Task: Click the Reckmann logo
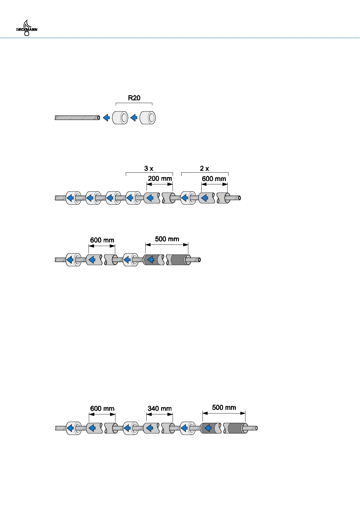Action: click(x=27, y=28)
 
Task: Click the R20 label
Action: click(x=134, y=98)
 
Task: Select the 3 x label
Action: click(x=149, y=169)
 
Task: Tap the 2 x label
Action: click(x=204, y=169)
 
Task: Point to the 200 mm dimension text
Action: click(x=160, y=179)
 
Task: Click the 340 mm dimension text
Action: click(x=160, y=409)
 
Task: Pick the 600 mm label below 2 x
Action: click(x=214, y=179)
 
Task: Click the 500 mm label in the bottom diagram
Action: click(x=224, y=407)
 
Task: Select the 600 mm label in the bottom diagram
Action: click(x=102, y=409)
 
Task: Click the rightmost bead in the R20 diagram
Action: click(x=148, y=118)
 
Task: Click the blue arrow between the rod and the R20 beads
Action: click(x=106, y=118)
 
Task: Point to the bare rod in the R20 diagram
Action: click(x=77, y=118)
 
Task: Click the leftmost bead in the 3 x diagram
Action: click(x=73, y=198)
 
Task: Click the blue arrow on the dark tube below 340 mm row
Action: click(x=208, y=428)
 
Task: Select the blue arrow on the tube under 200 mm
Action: click(x=150, y=198)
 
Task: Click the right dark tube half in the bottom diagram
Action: click(x=235, y=428)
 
